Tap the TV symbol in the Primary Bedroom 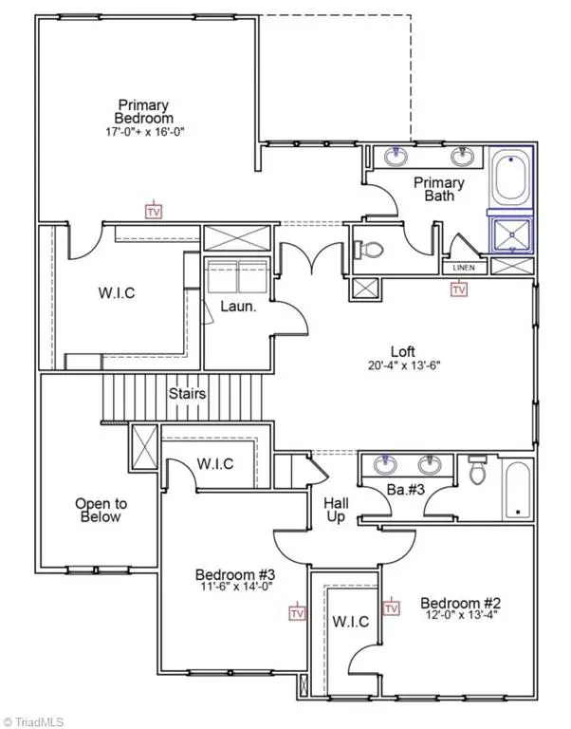(x=152, y=210)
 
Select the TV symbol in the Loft (x=459, y=290)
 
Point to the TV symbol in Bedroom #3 (x=298, y=612)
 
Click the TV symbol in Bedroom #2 (x=391, y=607)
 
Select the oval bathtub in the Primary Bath (x=511, y=178)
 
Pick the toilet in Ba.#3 (x=476, y=470)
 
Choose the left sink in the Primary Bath (x=397, y=156)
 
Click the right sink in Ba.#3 (x=432, y=465)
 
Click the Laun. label (x=235, y=308)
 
